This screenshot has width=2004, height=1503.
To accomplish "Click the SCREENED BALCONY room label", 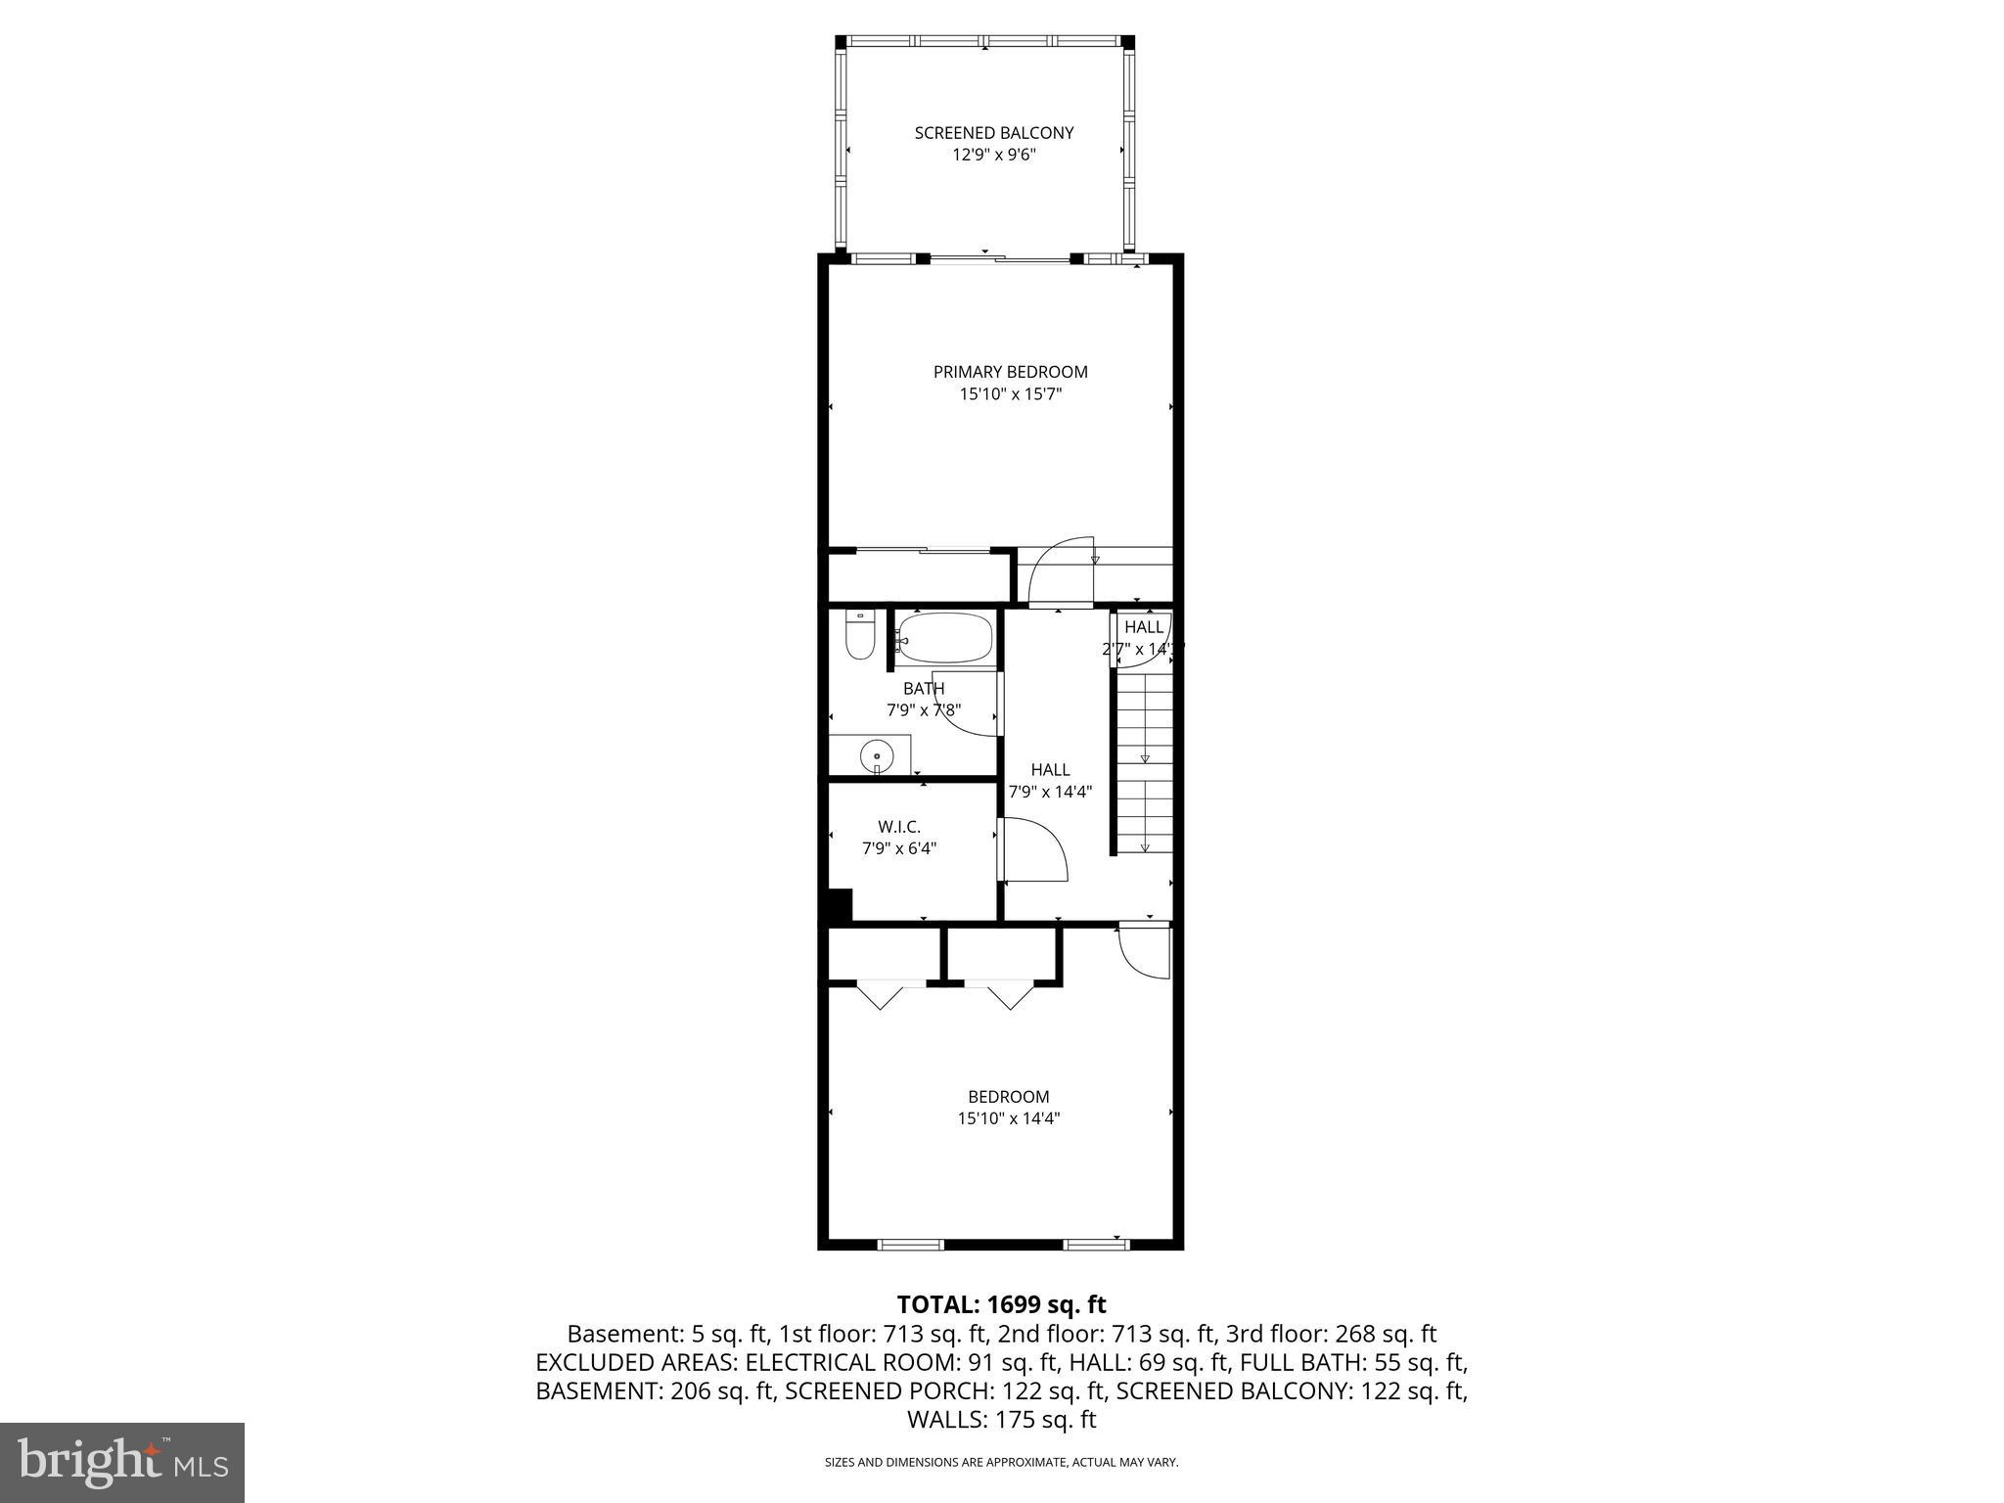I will click(x=994, y=133).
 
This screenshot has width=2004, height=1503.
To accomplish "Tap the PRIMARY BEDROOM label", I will click(x=1010, y=372).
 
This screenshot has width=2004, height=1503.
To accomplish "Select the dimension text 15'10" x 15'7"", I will click(x=1010, y=395).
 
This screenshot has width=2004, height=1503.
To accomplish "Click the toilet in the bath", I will click(x=859, y=638).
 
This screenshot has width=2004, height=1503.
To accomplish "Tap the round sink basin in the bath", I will click(x=877, y=755).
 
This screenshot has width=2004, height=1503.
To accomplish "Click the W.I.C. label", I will click(x=898, y=827).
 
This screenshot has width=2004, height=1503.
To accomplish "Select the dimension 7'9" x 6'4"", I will click(x=898, y=849).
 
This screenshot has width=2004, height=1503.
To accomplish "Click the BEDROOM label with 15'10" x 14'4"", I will click(x=1008, y=1097).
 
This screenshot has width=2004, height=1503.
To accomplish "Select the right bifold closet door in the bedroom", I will click(x=1010, y=996).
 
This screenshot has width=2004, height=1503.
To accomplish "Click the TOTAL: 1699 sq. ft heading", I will click(x=1001, y=1304).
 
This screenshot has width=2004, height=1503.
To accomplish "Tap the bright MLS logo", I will click(x=122, y=1462).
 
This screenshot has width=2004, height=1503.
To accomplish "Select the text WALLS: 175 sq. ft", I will click(x=1001, y=1420).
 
